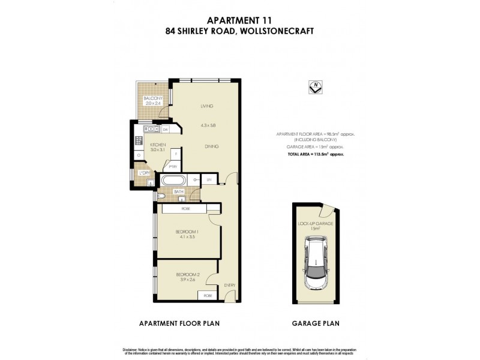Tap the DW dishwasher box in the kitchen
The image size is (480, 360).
(165, 129)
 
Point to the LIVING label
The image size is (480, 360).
(207, 106)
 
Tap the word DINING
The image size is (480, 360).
(211, 146)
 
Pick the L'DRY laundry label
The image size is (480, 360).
(143, 173)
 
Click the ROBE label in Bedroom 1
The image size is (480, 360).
(185, 208)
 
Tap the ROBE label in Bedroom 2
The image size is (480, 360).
(208, 296)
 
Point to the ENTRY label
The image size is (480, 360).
(230, 285)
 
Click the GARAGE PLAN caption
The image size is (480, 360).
(316, 323)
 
